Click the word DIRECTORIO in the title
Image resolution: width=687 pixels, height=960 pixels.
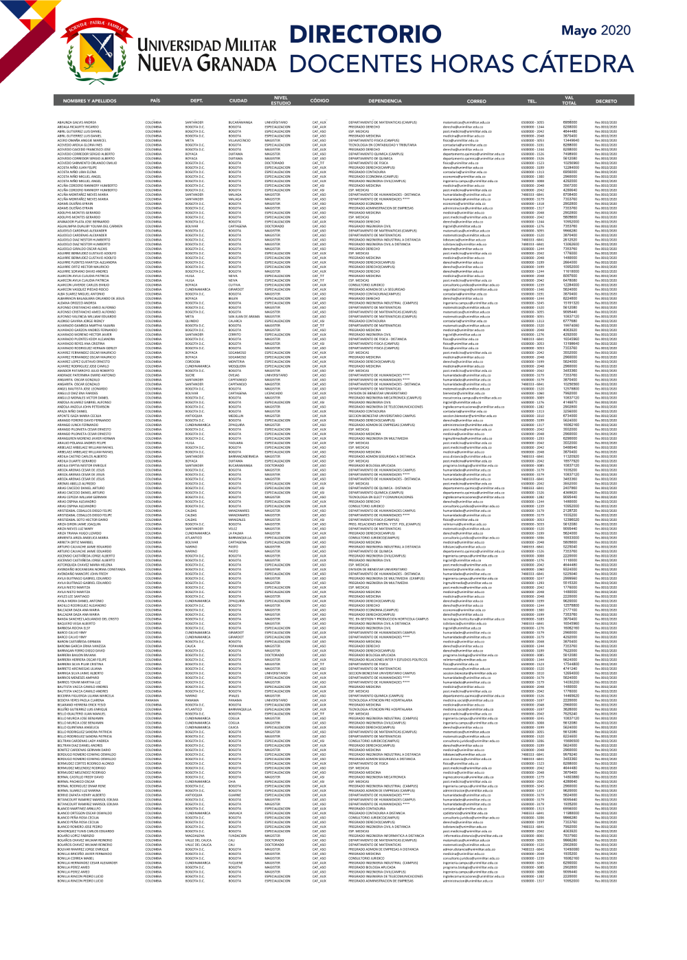coord(365,35)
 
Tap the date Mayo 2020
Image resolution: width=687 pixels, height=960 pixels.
coord(596,30)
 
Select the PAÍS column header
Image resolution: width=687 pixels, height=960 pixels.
coord(155,101)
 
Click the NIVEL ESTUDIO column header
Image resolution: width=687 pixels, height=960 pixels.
coord(280,101)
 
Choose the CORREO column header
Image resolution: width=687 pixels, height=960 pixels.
coord(476,101)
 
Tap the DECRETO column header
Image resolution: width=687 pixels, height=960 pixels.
coord(606,101)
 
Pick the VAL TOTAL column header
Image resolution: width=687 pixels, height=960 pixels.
coord(569,101)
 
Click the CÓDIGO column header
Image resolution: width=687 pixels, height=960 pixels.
coord(319,101)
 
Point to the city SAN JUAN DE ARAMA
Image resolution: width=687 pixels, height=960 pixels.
coord(245,317)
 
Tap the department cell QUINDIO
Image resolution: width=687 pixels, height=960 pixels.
coord(192,321)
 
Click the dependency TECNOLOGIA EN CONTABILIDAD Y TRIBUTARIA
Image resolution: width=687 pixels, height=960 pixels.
coord(382,145)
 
